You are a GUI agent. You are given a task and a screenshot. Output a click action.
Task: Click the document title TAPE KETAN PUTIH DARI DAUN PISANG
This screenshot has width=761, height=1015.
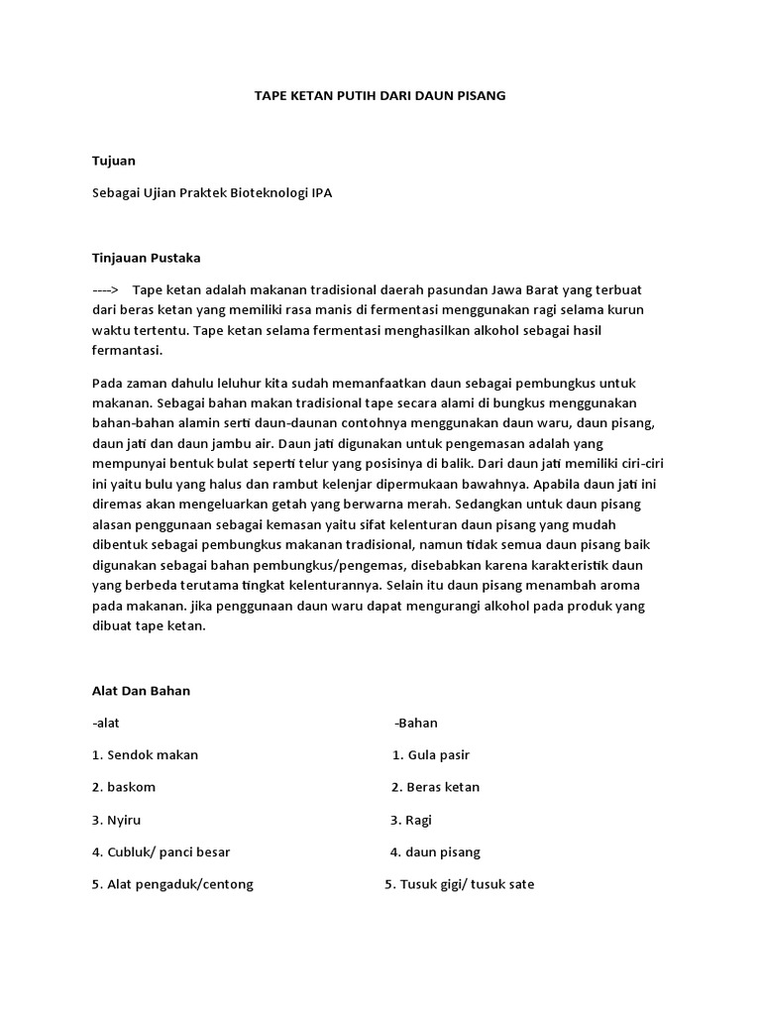[x=380, y=96]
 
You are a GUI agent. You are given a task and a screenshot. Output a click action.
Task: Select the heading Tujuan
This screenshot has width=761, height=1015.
[x=113, y=161]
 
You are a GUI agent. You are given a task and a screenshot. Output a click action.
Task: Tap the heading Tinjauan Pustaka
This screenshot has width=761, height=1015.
[x=146, y=258]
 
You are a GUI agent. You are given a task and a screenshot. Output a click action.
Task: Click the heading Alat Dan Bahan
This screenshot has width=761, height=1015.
[x=140, y=691]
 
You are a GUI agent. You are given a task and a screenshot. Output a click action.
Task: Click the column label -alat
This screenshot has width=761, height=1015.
[x=106, y=723]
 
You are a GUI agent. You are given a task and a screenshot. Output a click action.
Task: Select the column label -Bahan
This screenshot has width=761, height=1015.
[x=416, y=723]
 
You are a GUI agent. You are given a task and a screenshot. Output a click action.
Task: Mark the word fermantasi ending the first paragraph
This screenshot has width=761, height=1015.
[x=126, y=350]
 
